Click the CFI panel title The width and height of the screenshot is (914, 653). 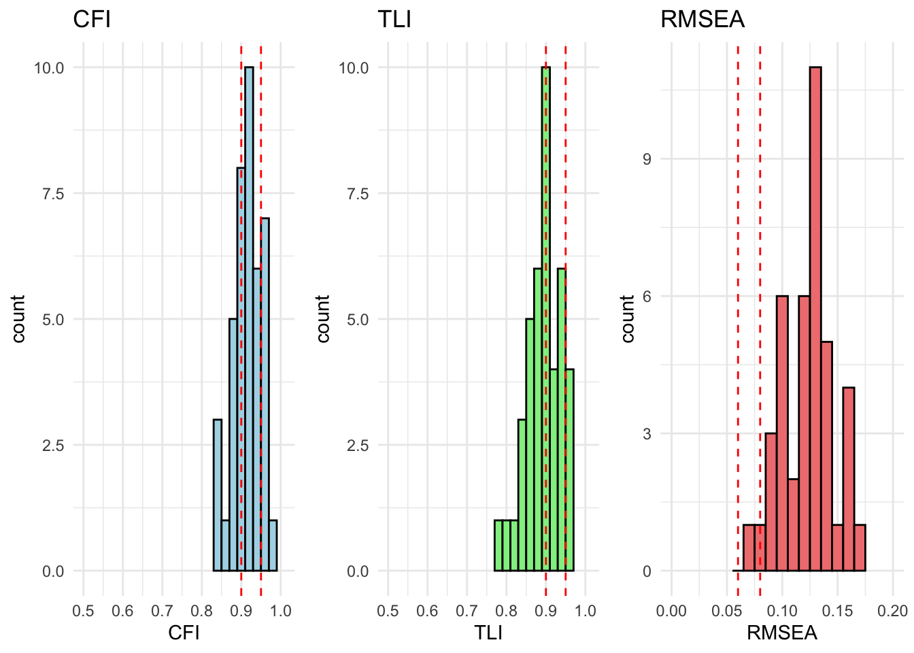pos(92,19)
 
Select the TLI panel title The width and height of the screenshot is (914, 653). pos(394,19)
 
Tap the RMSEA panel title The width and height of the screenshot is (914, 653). pos(703,19)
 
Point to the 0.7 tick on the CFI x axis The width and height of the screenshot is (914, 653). pos(162,611)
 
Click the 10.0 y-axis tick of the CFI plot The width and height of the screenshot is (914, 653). pos(49,67)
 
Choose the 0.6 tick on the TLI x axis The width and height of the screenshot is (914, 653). pos(427,611)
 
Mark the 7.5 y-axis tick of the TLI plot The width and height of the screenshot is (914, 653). pos(354,193)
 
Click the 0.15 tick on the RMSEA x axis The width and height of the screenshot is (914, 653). pos(837,611)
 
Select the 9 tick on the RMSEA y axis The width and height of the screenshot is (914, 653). pos(647,159)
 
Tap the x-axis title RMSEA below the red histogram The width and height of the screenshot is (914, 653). pos(781,633)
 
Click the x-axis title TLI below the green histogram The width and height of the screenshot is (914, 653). pos(488,633)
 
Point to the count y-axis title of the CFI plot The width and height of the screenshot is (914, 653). pos(18,318)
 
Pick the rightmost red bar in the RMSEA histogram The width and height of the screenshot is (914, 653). pos(860,548)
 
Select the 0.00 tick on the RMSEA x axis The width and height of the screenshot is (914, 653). pos(671,611)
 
